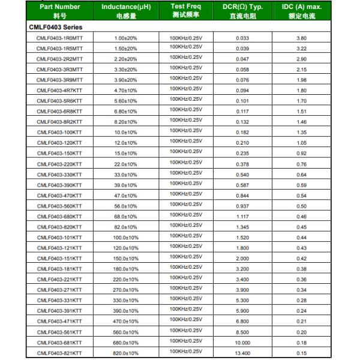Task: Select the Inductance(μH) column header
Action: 126,11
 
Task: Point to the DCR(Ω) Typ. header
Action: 243,11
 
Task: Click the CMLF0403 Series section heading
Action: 56,27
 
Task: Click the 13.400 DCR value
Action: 242,353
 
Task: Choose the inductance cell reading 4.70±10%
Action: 126,91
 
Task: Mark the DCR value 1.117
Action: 242,217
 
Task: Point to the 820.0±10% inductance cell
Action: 126,353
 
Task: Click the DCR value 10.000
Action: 242,343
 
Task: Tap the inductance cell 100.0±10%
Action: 126,238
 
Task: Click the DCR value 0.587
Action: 242,185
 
